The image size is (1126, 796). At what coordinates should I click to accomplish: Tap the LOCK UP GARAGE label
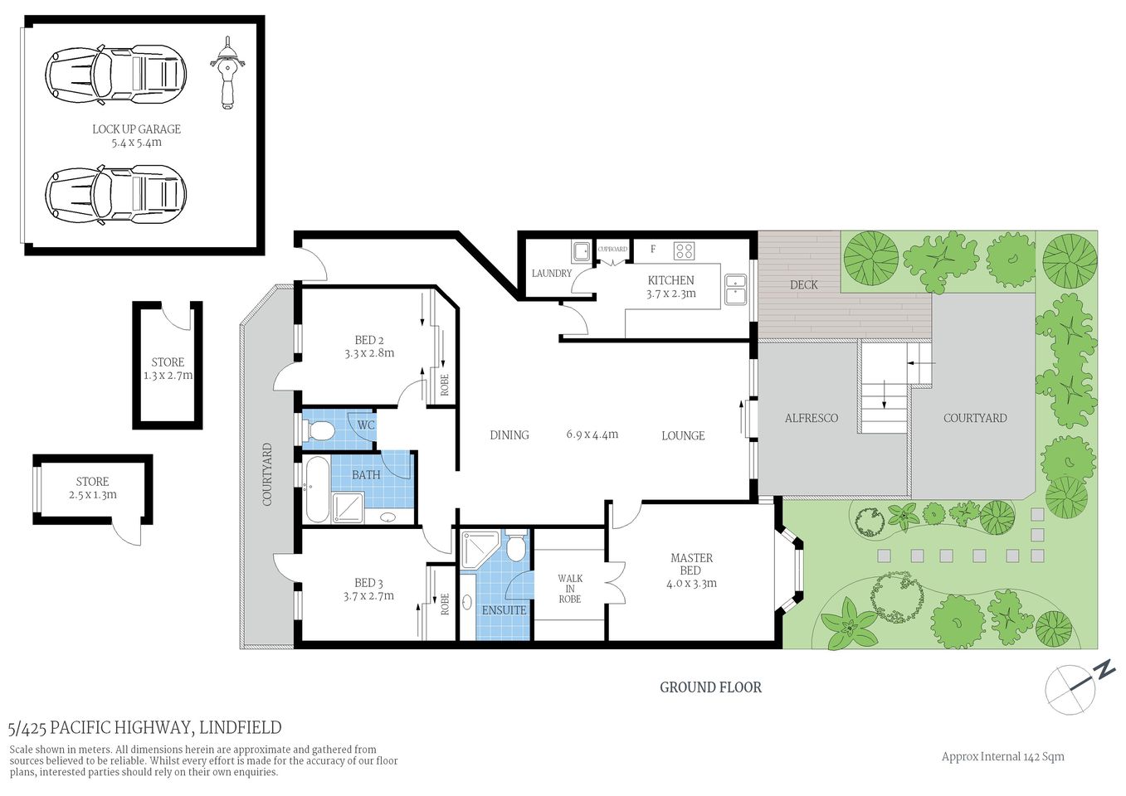[x=136, y=129]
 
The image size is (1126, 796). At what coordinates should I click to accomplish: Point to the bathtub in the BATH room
[x=316, y=488]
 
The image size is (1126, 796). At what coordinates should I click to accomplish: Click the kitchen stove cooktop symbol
[x=684, y=250]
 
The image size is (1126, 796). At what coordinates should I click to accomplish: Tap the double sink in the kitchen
[x=735, y=290]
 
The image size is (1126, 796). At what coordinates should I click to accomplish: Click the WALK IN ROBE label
[x=570, y=589]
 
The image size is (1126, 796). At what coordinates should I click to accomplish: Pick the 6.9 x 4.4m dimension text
[x=592, y=434]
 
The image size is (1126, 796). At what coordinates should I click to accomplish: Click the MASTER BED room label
[x=691, y=565]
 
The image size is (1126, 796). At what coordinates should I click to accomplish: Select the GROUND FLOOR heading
[x=710, y=687]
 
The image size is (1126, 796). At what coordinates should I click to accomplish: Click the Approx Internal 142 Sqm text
[x=1002, y=756]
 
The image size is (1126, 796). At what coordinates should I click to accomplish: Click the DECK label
[x=803, y=285]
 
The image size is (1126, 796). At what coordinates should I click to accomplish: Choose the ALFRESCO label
[x=811, y=419]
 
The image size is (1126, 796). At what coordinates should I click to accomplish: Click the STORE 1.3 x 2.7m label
[x=168, y=369]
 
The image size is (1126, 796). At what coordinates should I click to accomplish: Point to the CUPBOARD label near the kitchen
[x=612, y=249]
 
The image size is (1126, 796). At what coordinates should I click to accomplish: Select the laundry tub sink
[x=580, y=250]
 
